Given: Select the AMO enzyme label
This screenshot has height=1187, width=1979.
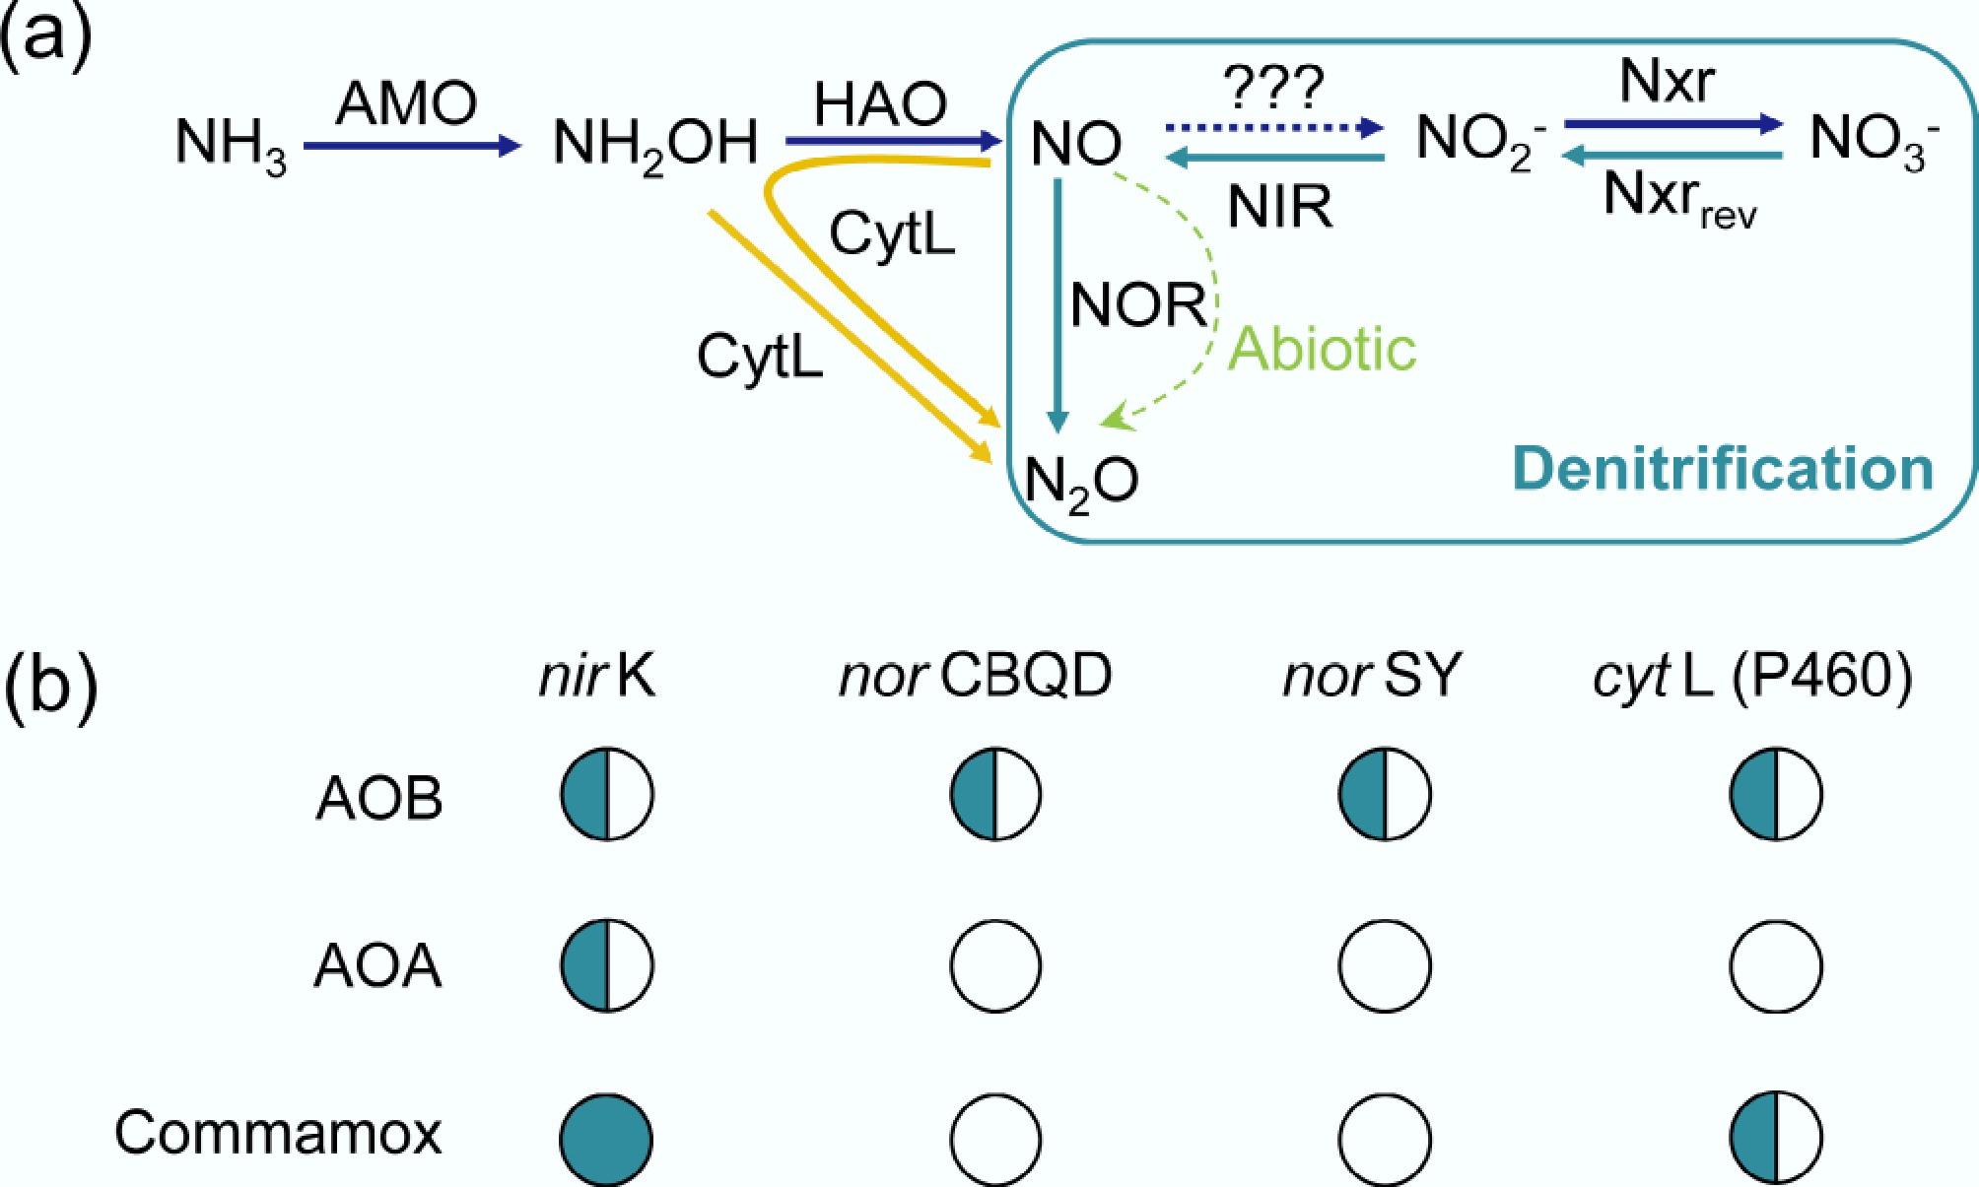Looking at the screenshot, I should coord(406,102).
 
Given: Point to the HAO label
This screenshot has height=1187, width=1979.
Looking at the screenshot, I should coord(880,103).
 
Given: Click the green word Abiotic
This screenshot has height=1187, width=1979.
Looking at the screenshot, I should coord(1322,349).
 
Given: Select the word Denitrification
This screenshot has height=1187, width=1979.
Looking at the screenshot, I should coord(1723,469).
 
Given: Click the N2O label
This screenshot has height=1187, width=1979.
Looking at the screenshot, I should coord(1081,483).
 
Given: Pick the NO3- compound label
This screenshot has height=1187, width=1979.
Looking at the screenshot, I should coord(1874,140).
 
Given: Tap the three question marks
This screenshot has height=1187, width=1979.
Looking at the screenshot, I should coord(1273,88).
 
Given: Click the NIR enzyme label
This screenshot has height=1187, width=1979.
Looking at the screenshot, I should coord(1279,207).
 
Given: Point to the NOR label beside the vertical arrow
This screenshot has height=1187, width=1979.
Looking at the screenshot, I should coord(1137,304).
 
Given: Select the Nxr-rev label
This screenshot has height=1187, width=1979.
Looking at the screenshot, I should coord(1679,198).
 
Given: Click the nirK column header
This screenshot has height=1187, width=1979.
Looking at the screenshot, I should coord(596,677).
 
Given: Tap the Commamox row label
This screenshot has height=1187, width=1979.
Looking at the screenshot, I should coord(278,1133).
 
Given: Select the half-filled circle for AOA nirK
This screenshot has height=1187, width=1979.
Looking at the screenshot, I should coord(607,965).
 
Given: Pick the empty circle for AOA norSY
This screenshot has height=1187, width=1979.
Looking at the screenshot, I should coord(1385,965).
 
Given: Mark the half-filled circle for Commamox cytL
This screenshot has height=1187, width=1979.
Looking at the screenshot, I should coord(1776,1137).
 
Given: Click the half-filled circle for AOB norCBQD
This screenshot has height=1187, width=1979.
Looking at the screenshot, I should coord(995,794).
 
